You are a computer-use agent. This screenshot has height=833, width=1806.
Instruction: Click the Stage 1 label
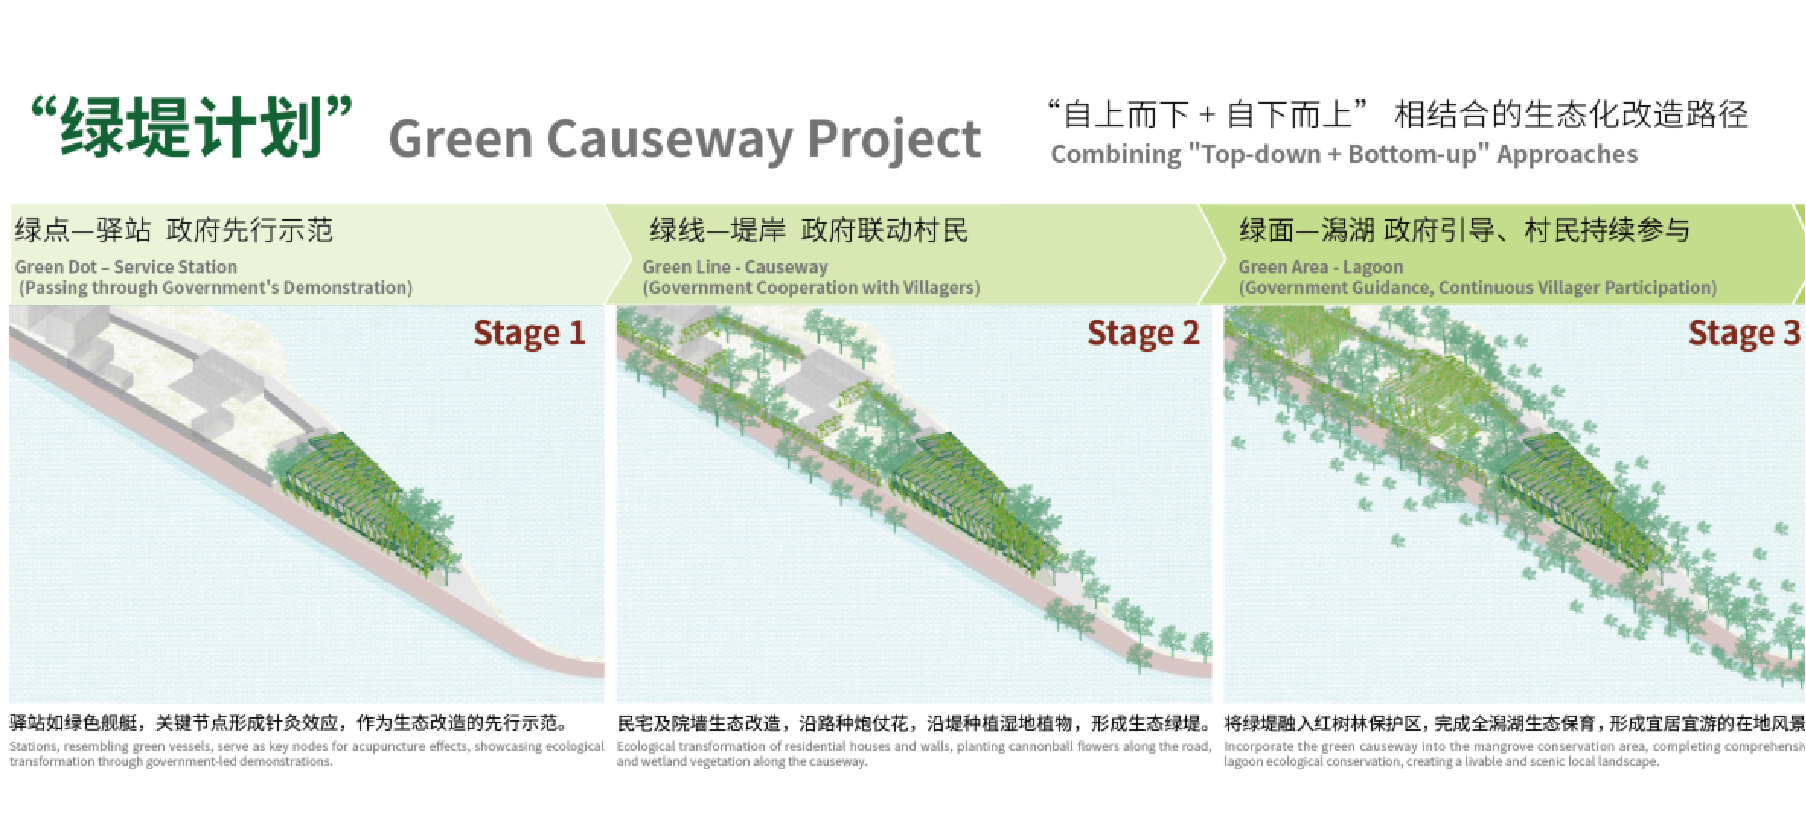click(529, 334)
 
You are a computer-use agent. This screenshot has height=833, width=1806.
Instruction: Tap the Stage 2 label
click(1143, 334)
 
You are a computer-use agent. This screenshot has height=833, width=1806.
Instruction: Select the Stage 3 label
click(1744, 334)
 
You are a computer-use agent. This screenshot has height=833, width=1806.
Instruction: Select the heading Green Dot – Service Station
click(126, 267)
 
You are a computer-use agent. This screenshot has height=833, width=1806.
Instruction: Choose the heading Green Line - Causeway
click(734, 267)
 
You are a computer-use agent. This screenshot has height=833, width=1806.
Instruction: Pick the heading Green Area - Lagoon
click(1320, 267)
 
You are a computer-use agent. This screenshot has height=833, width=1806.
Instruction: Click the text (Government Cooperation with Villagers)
click(811, 288)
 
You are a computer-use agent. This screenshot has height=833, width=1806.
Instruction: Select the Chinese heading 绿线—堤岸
click(717, 230)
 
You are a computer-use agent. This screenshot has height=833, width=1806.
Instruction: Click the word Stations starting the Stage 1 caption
click(33, 747)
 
